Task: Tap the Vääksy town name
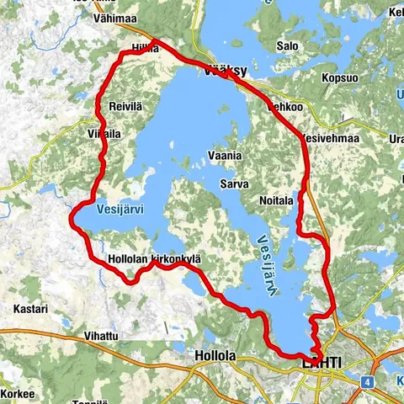coord(225,73)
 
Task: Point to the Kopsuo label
coord(340,77)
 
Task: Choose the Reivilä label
coord(128,107)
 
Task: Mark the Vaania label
coord(226,156)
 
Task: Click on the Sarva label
coord(232,181)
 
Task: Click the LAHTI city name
coord(322,362)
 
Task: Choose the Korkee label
coord(17,393)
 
